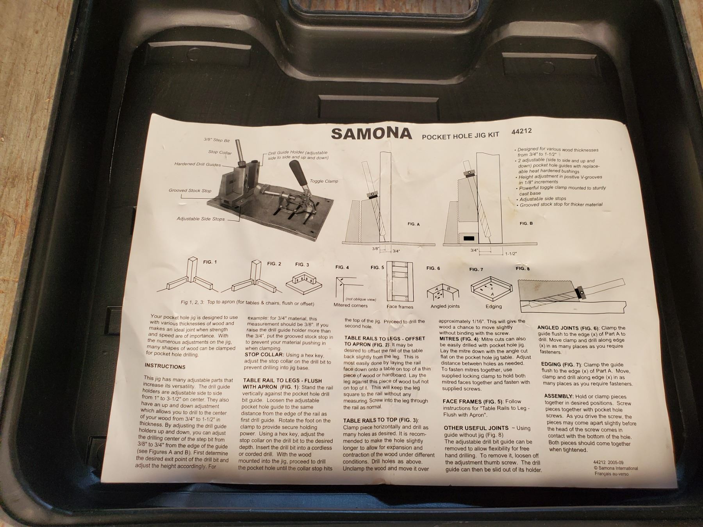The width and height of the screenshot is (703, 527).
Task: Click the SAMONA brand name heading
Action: coord(371,134)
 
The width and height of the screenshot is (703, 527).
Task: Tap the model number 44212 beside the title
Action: coord(521,131)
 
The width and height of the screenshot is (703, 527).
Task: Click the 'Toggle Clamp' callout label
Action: coord(324,181)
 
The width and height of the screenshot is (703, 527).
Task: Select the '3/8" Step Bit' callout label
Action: coord(217,140)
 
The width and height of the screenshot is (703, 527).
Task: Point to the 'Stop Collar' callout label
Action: coord(220,153)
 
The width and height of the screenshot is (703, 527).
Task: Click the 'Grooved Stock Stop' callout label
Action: coord(190,191)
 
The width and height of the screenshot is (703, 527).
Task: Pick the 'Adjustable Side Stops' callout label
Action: coord(201,219)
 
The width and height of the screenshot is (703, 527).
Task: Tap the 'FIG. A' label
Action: coord(413,224)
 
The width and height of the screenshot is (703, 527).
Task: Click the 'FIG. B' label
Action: coord(526,223)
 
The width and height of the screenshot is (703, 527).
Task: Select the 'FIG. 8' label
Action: coord(523,269)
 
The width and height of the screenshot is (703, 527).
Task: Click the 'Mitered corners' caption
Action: coord(350,305)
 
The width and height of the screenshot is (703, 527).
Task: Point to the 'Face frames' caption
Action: coord(400,306)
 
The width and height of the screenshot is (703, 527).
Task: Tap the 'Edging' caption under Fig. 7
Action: coord(494,306)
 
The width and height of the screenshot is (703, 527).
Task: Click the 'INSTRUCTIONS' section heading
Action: coord(165,367)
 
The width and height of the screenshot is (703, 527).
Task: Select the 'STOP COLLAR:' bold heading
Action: coord(264,354)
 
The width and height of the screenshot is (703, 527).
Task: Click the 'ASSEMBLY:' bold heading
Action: coord(559,396)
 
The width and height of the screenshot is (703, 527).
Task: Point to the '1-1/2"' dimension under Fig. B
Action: coord(511,254)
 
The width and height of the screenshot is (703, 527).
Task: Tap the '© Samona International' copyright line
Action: coord(616,468)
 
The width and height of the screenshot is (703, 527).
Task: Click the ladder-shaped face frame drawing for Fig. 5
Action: coord(399,281)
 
